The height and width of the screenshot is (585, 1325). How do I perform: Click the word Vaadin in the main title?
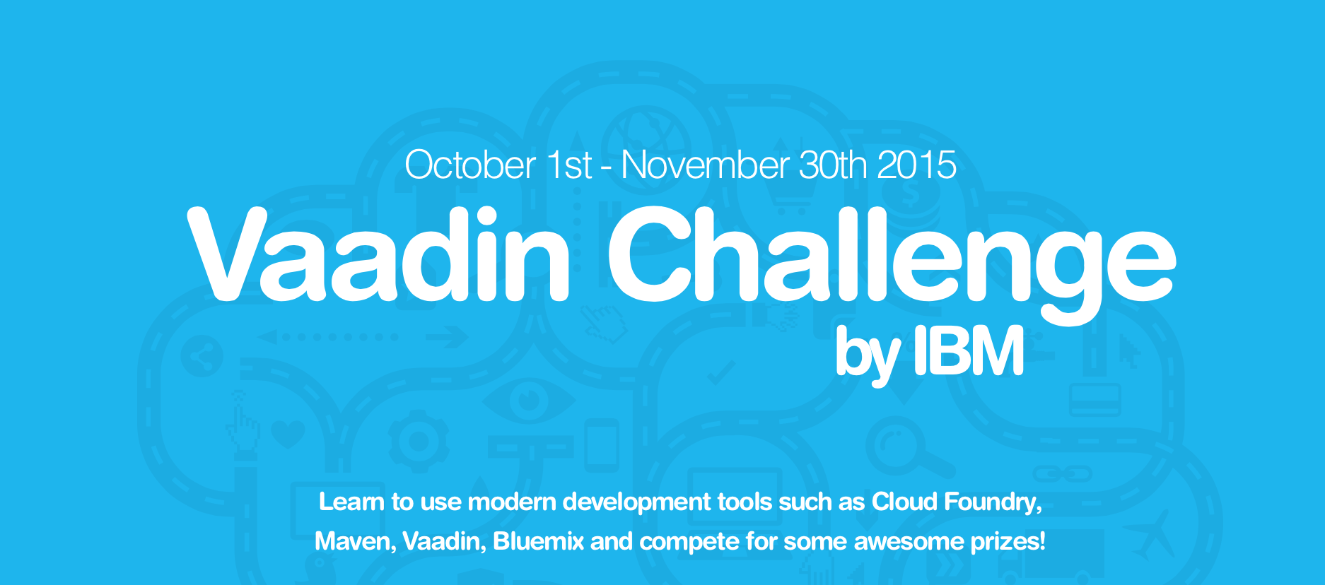pos(378,254)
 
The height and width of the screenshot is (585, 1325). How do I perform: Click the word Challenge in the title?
pos(891,265)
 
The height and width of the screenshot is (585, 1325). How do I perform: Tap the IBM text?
pos(969,350)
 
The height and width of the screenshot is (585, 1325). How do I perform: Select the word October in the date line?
pos(470,165)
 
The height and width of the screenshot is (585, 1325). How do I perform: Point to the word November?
pos(705,165)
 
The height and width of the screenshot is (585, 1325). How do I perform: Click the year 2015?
pos(917,165)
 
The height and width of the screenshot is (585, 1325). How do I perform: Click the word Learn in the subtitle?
pos(351,502)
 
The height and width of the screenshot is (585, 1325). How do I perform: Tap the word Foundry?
pos(993,502)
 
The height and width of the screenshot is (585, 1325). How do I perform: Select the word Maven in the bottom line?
pos(355,541)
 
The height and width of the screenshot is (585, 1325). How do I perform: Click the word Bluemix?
pos(539,541)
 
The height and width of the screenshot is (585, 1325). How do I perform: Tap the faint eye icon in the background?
pos(529,401)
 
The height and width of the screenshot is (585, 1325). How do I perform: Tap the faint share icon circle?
pos(202,355)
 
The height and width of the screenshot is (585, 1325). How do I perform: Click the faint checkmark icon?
pos(721,372)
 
